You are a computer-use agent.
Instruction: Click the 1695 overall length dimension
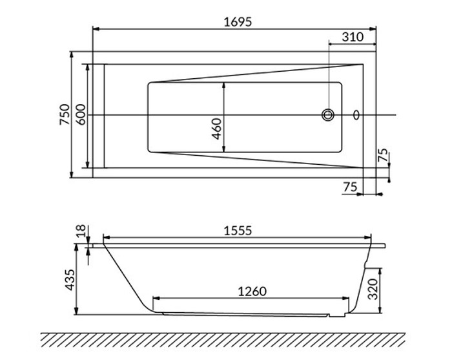click(234, 21)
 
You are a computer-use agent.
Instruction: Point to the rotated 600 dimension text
click(81, 115)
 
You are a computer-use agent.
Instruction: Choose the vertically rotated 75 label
click(383, 155)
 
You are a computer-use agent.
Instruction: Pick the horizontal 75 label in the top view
click(349, 187)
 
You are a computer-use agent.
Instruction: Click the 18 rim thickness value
click(80, 232)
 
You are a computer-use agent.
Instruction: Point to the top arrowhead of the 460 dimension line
click(224, 85)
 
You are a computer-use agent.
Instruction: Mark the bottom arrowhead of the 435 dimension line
click(77, 312)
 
